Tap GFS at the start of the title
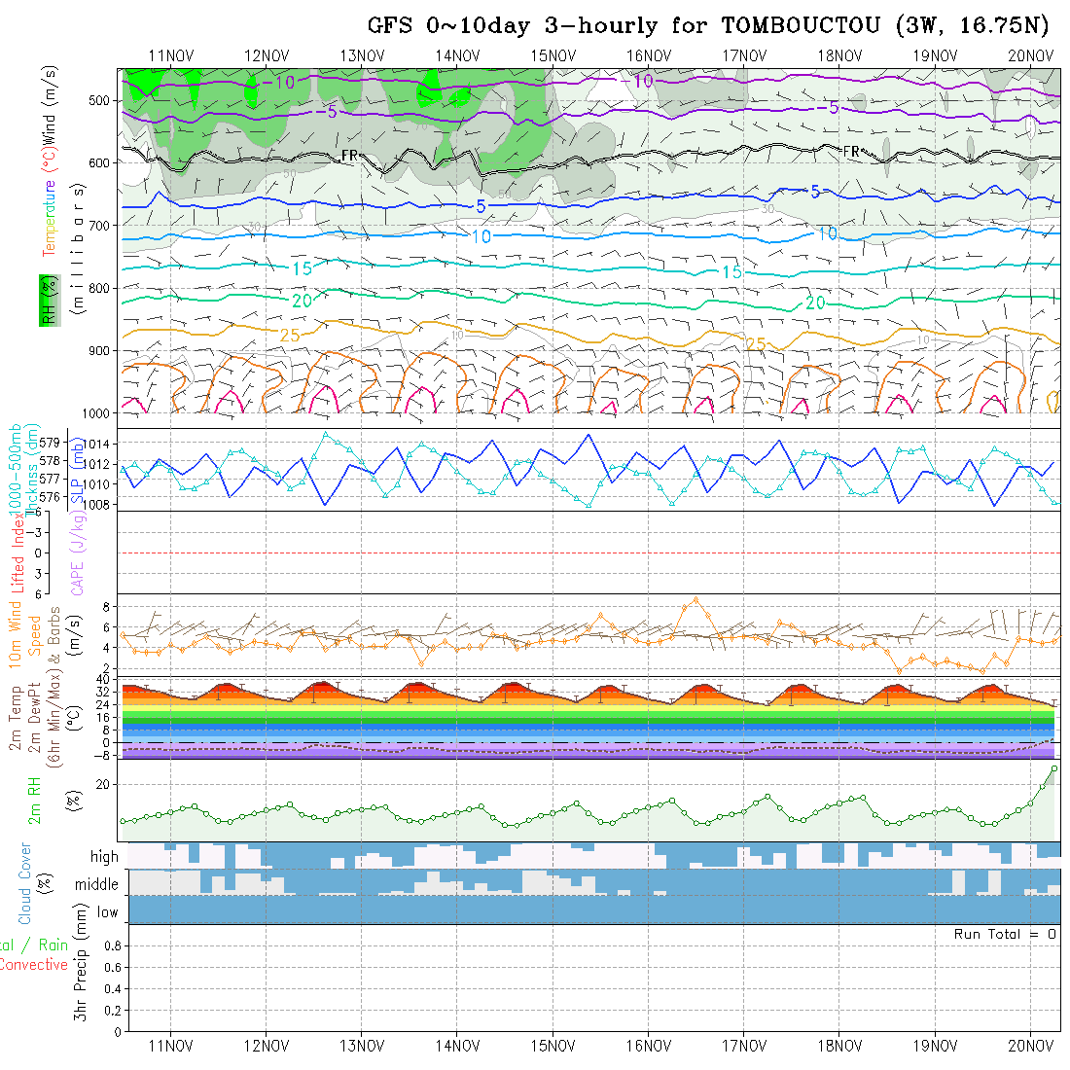point(392,26)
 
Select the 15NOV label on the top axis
point(552,55)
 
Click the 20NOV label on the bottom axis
point(1031,1046)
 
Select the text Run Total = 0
point(1005,934)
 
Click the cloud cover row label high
point(104,857)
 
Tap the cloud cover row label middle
point(97,885)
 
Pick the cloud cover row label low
point(107,912)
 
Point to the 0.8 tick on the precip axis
point(111,945)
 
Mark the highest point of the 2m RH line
point(1054,768)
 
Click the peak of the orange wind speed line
point(695,599)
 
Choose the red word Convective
point(34,965)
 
